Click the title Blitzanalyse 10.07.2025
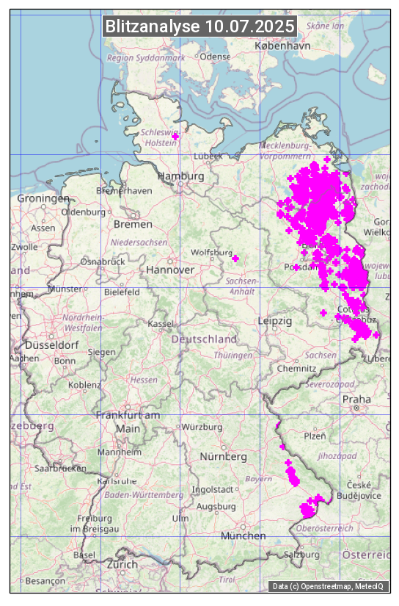click(199, 26)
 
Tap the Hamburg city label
click(180, 177)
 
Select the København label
click(282, 46)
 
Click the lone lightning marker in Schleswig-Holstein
click(175, 137)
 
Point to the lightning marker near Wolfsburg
click(235, 259)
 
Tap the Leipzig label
click(275, 321)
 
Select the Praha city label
click(356, 399)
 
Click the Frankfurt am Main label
click(128, 422)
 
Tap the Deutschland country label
click(203, 339)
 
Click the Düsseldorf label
click(51, 345)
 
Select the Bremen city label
click(133, 224)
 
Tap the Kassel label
click(160, 323)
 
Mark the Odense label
click(215, 57)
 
